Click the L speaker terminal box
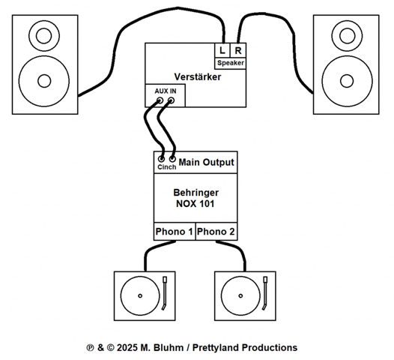pyautogui.click(x=222, y=50)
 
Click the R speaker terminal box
pyautogui.click(x=238, y=50)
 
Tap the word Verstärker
pyautogui.click(x=198, y=77)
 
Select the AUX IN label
pyautogui.click(x=166, y=91)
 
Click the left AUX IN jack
pyautogui.click(x=160, y=100)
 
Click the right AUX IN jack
pyautogui.click(x=171, y=100)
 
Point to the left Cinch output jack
pyautogui.click(x=161, y=159)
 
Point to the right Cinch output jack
pyautogui.click(x=172, y=159)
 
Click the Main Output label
pyautogui.click(x=206, y=163)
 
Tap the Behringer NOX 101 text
pyautogui.click(x=196, y=198)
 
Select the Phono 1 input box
pyautogui.click(x=175, y=232)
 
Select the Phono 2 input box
pyautogui.click(x=216, y=232)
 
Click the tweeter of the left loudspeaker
pyautogui.click(x=44, y=36)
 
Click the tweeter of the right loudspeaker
pyautogui.click(x=347, y=36)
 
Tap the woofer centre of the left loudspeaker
pyautogui.click(x=44, y=81)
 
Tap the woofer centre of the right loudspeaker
pyautogui.click(x=347, y=81)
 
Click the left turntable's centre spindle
pyautogui.click(x=140, y=295)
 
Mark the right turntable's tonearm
pyautogui.click(x=265, y=293)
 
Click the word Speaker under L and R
pyautogui.click(x=231, y=63)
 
